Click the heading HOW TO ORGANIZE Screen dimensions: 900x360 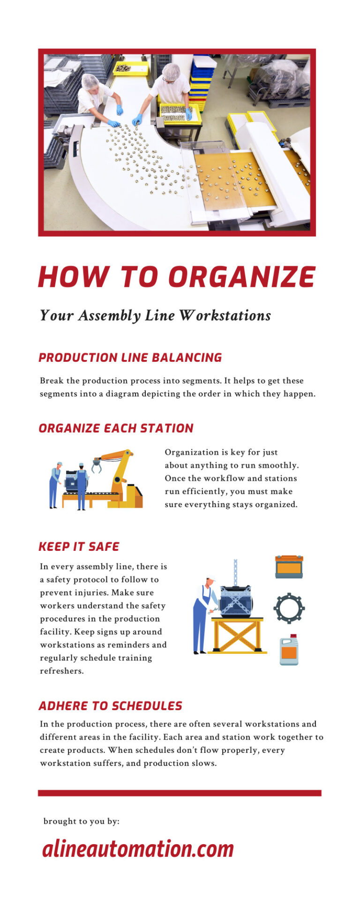point(177,277)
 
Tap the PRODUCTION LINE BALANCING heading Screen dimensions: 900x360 point(130,358)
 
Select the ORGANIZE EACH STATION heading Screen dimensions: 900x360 point(116,428)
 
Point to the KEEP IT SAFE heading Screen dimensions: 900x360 point(79,547)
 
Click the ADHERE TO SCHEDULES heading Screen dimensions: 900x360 point(110,706)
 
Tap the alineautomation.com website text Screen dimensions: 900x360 point(138,849)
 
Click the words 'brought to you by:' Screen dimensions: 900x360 point(81,821)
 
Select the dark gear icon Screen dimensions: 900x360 point(289,608)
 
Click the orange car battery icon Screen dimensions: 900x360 point(289,567)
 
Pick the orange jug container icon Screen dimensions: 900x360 point(289,650)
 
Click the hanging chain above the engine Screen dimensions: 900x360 point(235,571)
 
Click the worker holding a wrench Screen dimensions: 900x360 point(203,614)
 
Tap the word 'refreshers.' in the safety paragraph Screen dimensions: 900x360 point(61,671)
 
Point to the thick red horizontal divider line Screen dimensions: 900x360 point(180,793)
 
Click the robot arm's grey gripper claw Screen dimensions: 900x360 point(97,465)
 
